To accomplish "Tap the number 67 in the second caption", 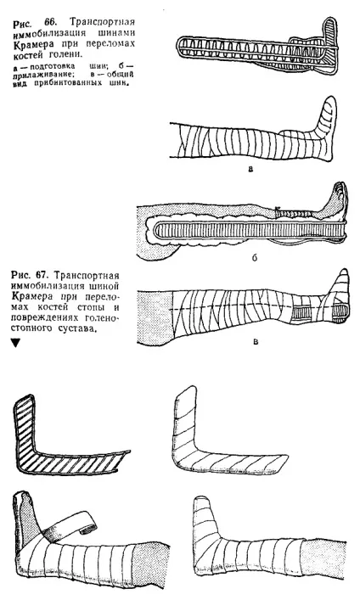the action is [x=44, y=275].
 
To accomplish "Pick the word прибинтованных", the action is [x=73, y=83].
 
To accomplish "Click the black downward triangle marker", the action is [x=15, y=343].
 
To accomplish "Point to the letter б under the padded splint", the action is [x=255, y=258].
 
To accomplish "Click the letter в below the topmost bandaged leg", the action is [x=250, y=168].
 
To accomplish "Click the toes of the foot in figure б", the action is [x=340, y=188].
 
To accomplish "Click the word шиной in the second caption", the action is [x=101, y=286].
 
